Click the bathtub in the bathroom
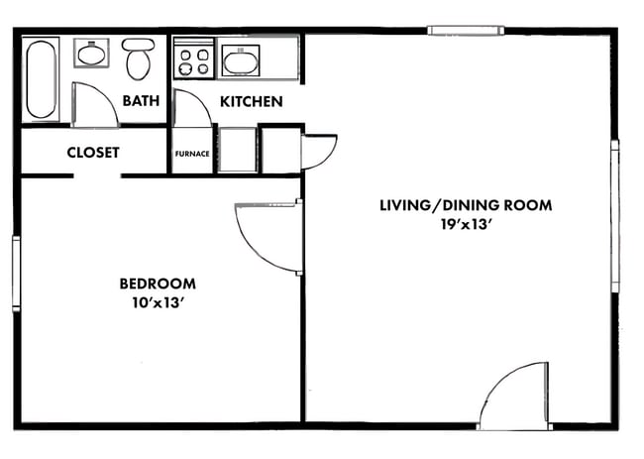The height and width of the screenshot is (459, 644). (42, 78)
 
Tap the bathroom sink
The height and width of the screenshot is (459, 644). (93, 54)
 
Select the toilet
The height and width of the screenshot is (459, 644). (137, 59)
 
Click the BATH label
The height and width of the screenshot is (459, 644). (142, 101)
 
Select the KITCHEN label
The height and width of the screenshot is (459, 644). (251, 101)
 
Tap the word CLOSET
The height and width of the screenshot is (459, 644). (93, 153)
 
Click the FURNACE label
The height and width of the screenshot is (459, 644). (191, 154)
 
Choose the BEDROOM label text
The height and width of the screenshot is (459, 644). (157, 284)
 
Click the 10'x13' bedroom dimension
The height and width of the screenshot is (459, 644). (158, 303)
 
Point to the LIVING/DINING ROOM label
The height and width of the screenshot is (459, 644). (466, 205)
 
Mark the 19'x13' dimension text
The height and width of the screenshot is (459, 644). (466, 225)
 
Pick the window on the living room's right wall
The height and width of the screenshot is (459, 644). (614, 216)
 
